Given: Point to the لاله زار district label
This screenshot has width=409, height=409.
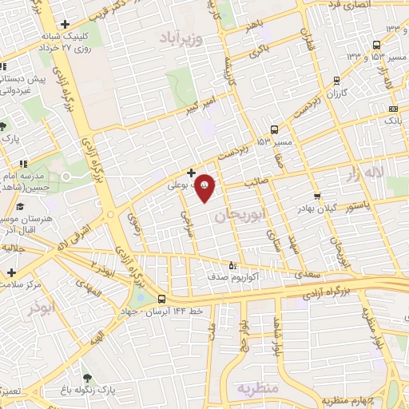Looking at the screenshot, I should (x=366, y=173).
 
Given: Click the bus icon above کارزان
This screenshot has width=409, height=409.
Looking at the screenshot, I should (x=336, y=80).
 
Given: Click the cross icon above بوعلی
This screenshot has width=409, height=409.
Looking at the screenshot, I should (x=191, y=172).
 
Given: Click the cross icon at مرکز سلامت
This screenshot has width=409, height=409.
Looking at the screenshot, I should (x=11, y=272).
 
